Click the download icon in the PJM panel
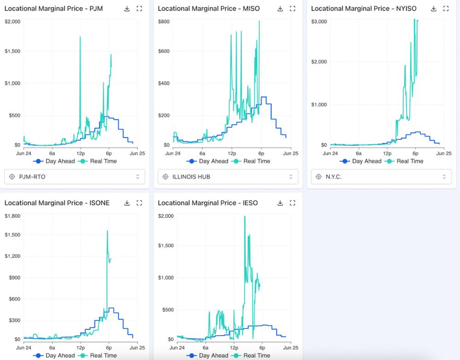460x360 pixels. (127, 9)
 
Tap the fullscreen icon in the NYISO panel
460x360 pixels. (446, 9)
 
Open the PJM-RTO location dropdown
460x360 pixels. (75, 176)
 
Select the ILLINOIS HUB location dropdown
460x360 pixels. (228, 176)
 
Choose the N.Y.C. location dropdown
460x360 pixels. (381, 176)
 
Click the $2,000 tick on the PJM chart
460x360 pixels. (12, 21)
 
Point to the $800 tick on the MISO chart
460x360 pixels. (164, 21)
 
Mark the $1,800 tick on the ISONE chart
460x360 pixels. (12, 215)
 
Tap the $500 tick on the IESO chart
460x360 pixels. (166, 309)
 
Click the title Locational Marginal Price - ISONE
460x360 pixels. (57, 203)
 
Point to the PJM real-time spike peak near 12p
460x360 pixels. (80, 37)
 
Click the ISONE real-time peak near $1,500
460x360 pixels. (107, 231)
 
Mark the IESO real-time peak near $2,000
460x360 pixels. (244, 216)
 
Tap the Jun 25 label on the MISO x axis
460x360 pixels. (292, 153)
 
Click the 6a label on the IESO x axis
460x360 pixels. (205, 348)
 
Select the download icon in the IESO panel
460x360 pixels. (280, 203)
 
